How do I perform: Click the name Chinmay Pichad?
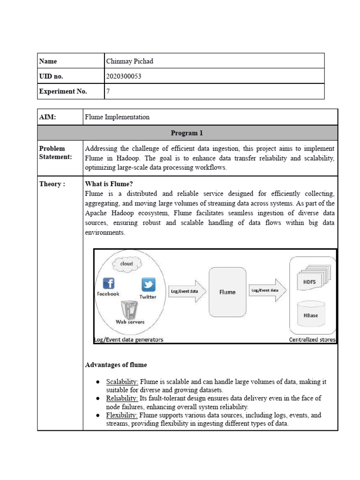click(130, 61)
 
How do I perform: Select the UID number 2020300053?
click(124, 76)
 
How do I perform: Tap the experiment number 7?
click(108, 91)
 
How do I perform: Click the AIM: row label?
click(47, 117)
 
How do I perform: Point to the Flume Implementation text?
click(117, 117)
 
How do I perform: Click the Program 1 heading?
click(187, 133)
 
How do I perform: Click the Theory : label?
click(52, 184)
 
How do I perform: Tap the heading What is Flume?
click(105, 184)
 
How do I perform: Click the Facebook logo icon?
click(108, 284)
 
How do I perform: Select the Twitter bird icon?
click(148, 285)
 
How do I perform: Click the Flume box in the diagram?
click(227, 292)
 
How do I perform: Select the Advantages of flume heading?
click(116, 365)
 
